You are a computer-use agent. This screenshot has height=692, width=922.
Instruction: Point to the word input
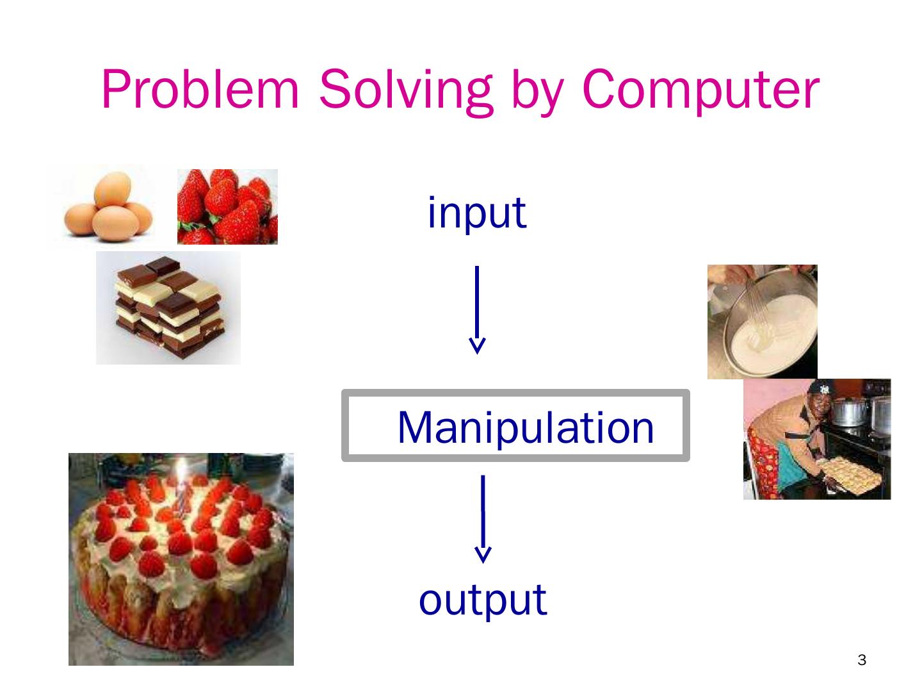coord(476,213)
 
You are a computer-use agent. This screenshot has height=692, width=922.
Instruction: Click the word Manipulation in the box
coord(526,427)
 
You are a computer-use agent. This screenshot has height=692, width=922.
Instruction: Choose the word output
coord(483,599)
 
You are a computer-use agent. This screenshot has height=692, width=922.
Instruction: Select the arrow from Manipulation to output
coord(483,518)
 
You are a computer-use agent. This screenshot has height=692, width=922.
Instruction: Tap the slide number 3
coord(861,660)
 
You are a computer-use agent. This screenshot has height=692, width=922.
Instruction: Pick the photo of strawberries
coord(227,206)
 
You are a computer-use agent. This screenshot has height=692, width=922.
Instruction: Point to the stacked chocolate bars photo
coord(168,308)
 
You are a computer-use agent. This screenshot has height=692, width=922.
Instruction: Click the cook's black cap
coord(818,388)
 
